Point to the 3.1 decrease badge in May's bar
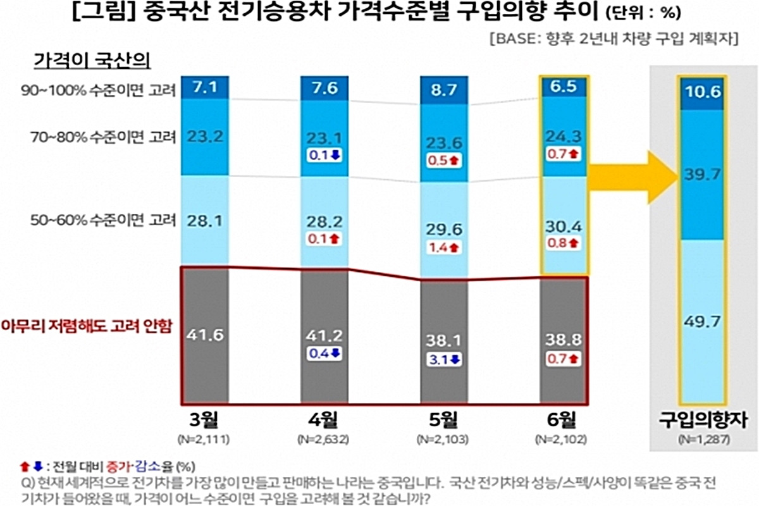[x=445, y=359]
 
